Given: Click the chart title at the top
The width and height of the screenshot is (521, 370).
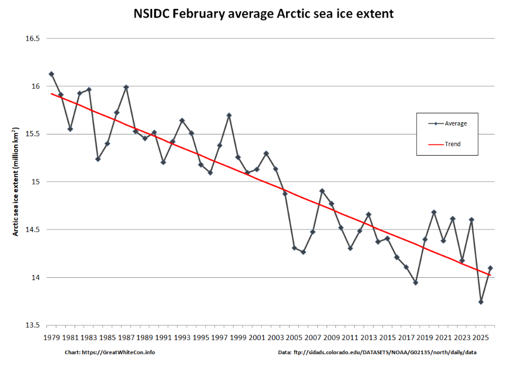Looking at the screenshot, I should coord(260,13).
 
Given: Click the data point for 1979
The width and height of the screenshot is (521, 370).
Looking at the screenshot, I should coord(52,74).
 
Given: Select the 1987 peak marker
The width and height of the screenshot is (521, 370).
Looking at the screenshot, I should coord(126,87).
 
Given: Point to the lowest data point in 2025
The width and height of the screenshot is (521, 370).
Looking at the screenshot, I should coord(481,302).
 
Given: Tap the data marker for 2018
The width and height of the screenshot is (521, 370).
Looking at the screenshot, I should coord(415,282).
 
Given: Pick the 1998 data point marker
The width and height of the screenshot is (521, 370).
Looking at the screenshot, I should coord(229,115).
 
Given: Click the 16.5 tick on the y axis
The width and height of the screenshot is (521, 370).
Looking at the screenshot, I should coord(33,39).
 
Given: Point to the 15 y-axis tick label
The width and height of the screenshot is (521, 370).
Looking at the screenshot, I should coord(36,182).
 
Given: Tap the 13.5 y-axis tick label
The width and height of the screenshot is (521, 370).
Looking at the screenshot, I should coord(33,325).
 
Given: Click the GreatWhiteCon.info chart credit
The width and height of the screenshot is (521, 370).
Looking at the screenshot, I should coord(110,353).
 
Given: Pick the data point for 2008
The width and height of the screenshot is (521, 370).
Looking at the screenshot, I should coord(322,191).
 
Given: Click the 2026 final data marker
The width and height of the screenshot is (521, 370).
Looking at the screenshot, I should coord(490,268).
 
